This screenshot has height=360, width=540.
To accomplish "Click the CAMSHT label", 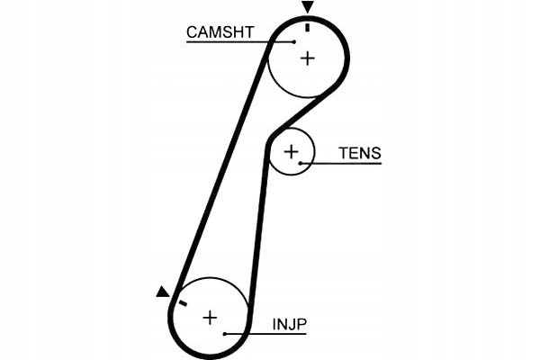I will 220,32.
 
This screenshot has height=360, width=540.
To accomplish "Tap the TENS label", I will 359,153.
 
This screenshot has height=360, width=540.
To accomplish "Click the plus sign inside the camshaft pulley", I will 308,58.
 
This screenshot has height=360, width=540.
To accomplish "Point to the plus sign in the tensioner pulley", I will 290,151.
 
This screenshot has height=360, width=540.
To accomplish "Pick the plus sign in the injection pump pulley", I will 210,317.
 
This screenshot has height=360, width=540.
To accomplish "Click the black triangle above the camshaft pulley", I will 308,8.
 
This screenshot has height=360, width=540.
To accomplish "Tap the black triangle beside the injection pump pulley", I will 162,292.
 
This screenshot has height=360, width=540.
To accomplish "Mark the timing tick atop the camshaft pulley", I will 308,27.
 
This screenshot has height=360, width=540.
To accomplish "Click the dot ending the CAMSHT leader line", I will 294,41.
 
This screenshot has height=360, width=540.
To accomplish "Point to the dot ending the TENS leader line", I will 301,163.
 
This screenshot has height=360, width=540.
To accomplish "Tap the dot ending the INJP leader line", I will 225,334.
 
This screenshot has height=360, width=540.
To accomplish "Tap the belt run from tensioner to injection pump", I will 257,225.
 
